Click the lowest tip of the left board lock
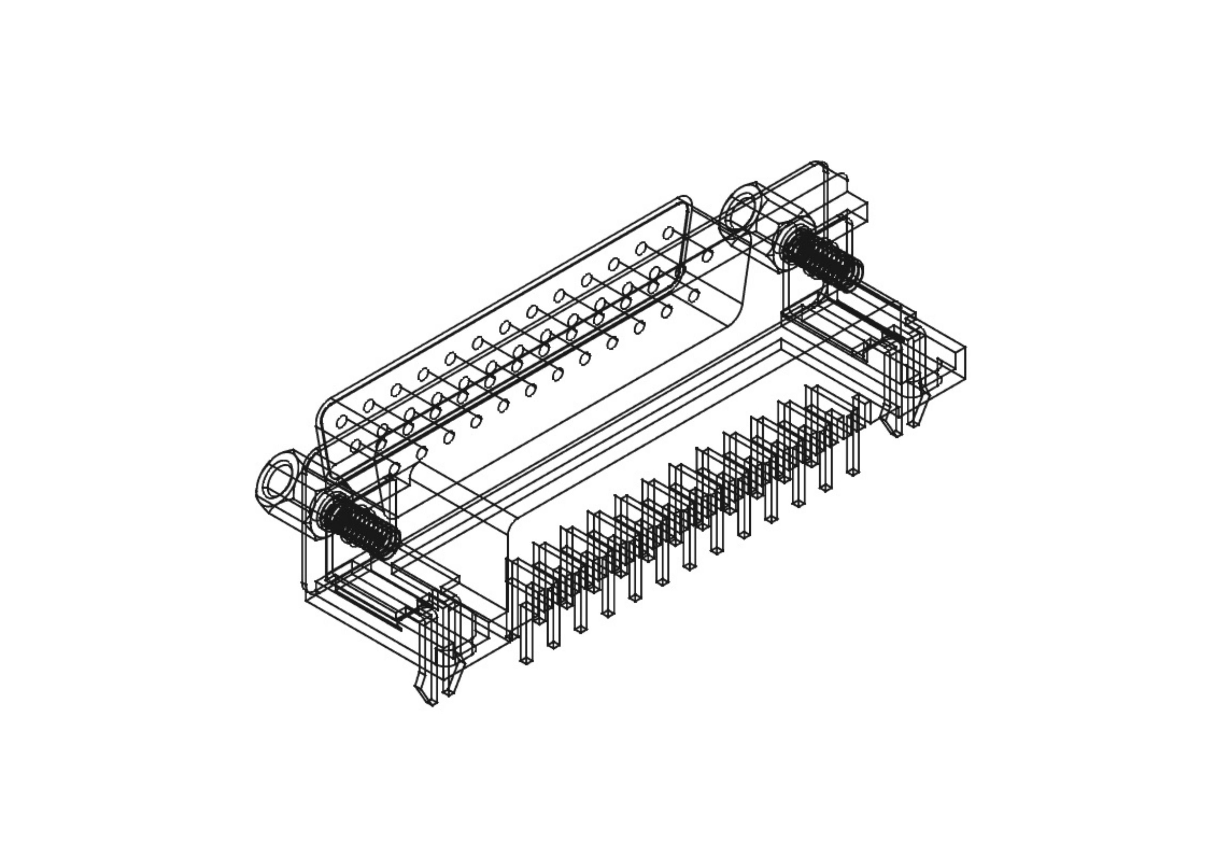pyautogui.click(x=433, y=703)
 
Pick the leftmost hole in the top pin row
pyautogui.click(x=342, y=421)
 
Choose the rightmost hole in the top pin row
pyautogui.click(x=669, y=233)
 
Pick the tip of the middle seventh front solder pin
pyautogui.click(x=689, y=567)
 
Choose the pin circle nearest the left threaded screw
pyautogui.click(x=395, y=468)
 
